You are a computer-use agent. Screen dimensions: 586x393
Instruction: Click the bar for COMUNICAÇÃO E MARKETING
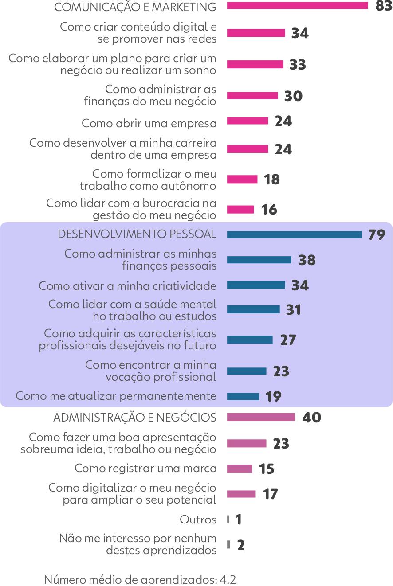pos(297,6)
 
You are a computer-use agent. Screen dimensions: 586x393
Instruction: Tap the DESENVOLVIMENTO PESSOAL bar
pos(294,234)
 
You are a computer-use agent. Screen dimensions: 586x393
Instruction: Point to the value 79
pos(376,235)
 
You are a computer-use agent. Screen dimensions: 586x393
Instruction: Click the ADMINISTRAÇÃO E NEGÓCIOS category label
pos(135,418)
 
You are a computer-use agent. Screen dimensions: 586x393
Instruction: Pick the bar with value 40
pos(261,417)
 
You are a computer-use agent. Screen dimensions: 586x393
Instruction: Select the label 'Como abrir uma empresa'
pos(149,123)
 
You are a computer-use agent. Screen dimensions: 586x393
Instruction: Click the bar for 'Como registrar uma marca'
pos(240,469)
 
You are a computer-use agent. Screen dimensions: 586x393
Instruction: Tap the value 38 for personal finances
pos(307,260)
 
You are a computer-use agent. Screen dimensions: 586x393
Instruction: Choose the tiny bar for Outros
pos(228,519)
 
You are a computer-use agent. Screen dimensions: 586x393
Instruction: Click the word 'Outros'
pos(198,520)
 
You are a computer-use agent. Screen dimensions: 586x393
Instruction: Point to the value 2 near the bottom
pos(240,545)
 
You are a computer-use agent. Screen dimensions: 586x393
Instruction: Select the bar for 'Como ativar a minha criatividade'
pos(256,285)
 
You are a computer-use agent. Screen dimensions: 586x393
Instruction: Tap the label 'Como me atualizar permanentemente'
pos(116,396)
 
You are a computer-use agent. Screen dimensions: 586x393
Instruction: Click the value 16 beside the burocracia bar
pos(269,209)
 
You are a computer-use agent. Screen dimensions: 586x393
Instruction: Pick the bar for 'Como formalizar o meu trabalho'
pos(242,179)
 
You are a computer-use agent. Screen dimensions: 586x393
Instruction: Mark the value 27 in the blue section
pos(288,340)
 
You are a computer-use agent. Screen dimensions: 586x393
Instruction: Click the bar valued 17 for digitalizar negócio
pos(241,494)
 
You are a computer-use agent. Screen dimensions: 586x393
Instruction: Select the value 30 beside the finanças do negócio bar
pos(293,96)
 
